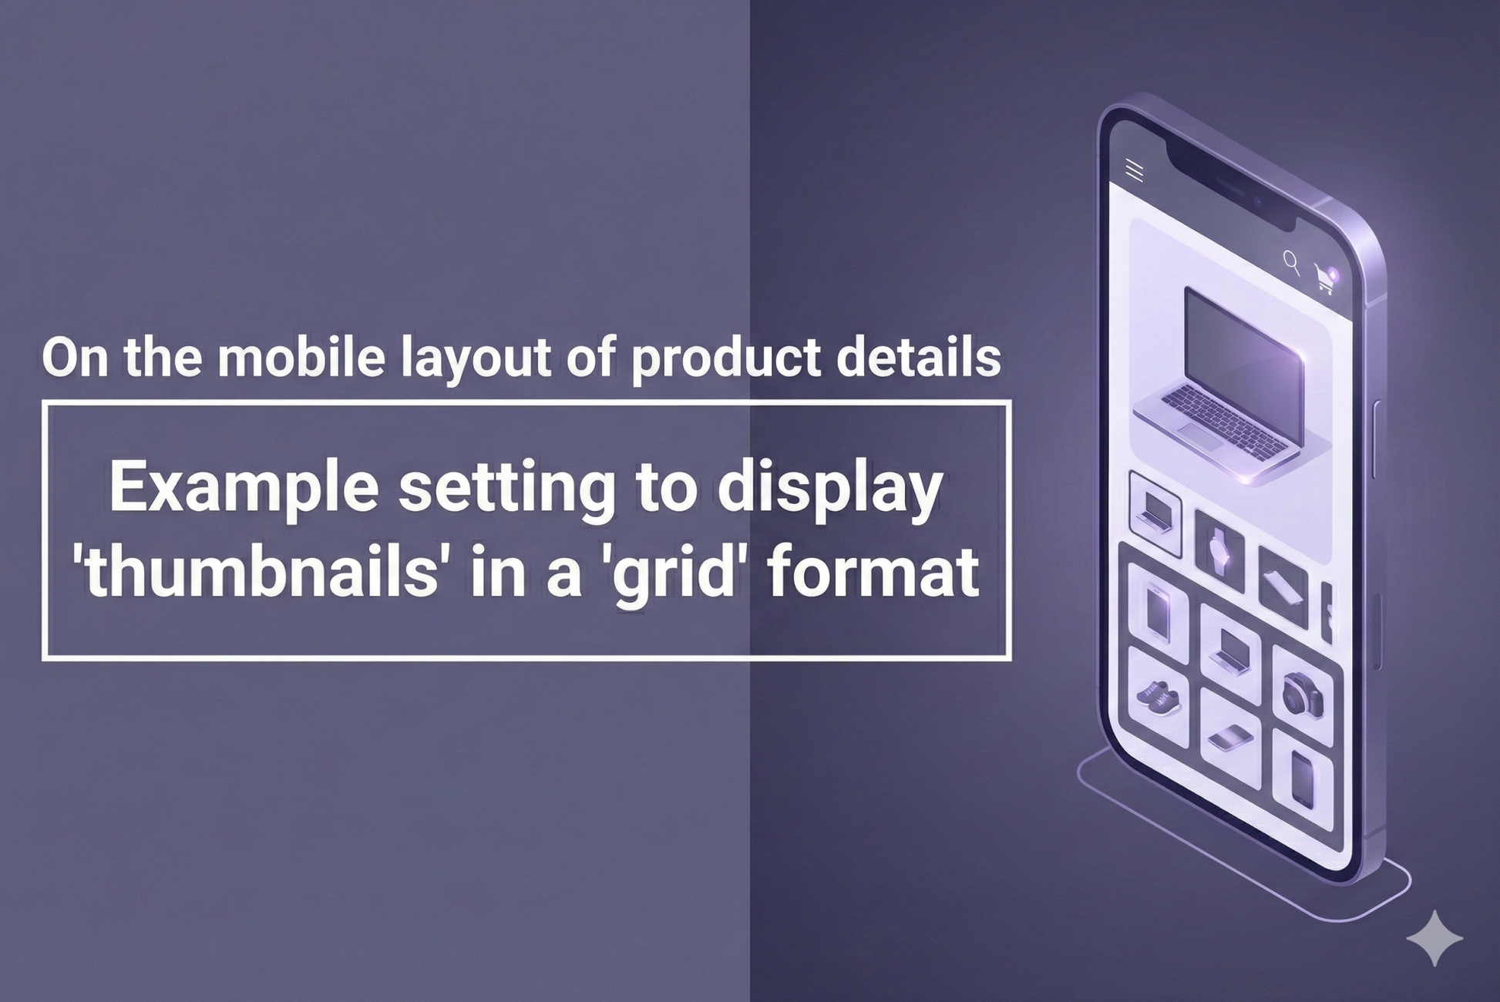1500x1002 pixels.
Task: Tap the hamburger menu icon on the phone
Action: coord(1134,170)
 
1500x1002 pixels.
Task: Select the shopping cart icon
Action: coord(1325,278)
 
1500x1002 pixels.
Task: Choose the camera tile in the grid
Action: coord(1303,695)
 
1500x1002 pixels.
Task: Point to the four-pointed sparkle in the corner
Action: coord(1434,938)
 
